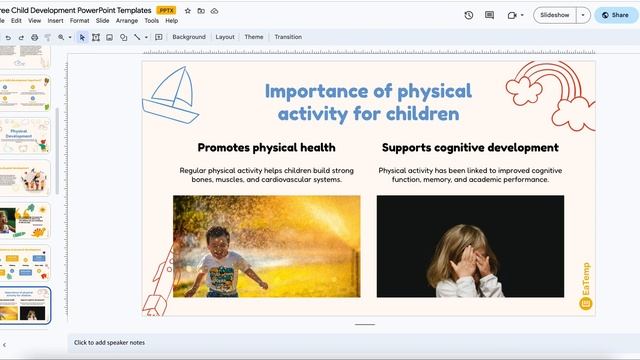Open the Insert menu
coord(55,20)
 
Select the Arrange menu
coord(127,20)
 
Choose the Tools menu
coord(151,20)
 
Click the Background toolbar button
coord(188,37)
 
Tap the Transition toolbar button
coord(287,37)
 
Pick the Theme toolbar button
coord(254,37)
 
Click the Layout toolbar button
coord(225,37)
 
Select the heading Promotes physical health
coord(266,147)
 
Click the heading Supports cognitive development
coord(470,147)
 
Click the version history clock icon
coord(469,15)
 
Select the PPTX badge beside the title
coord(168,10)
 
